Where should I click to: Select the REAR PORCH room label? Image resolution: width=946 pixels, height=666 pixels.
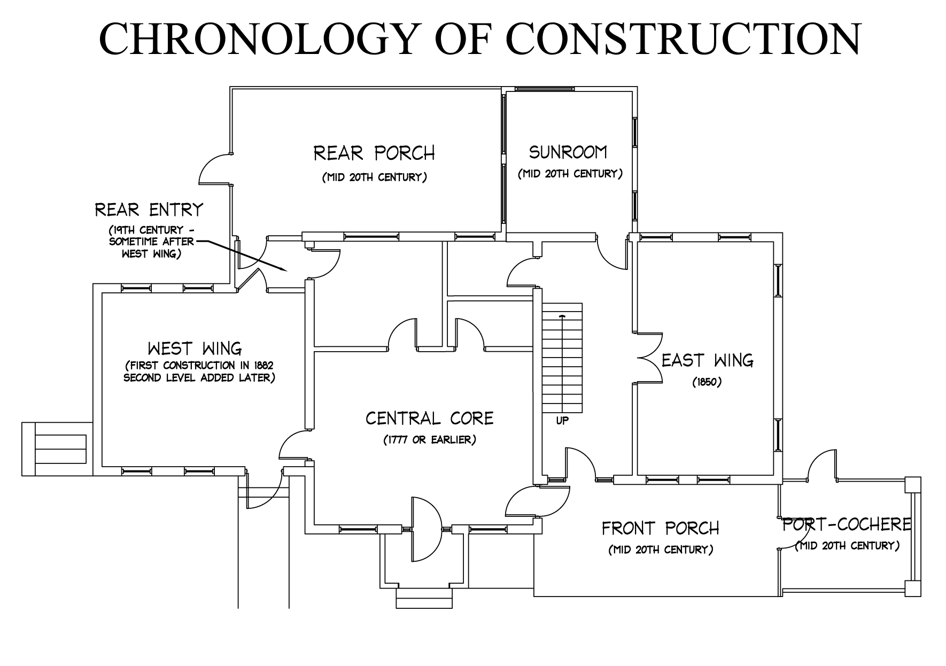click(374, 153)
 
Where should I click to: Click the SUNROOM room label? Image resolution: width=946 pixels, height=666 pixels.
click(568, 152)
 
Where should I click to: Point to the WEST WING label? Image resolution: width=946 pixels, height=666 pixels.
click(195, 349)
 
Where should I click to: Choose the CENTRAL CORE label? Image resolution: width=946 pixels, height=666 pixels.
click(429, 418)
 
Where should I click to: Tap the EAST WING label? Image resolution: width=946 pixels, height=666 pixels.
click(707, 361)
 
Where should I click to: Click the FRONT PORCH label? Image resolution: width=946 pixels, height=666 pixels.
click(661, 529)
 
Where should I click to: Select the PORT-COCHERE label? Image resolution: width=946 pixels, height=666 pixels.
click(847, 524)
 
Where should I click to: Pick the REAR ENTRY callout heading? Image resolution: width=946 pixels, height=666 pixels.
click(149, 210)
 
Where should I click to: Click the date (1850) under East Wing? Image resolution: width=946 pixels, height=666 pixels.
click(707, 383)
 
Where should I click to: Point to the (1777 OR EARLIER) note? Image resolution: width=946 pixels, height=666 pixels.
click(429, 440)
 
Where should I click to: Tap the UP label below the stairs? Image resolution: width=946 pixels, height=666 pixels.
click(562, 421)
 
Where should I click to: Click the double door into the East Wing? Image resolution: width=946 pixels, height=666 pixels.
click(648, 357)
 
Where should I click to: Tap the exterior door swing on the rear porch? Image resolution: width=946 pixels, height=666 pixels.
click(215, 169)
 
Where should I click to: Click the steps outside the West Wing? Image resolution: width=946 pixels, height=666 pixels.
click(54, 449)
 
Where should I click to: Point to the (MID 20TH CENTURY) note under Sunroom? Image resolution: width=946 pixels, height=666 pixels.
click(570, 174)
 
